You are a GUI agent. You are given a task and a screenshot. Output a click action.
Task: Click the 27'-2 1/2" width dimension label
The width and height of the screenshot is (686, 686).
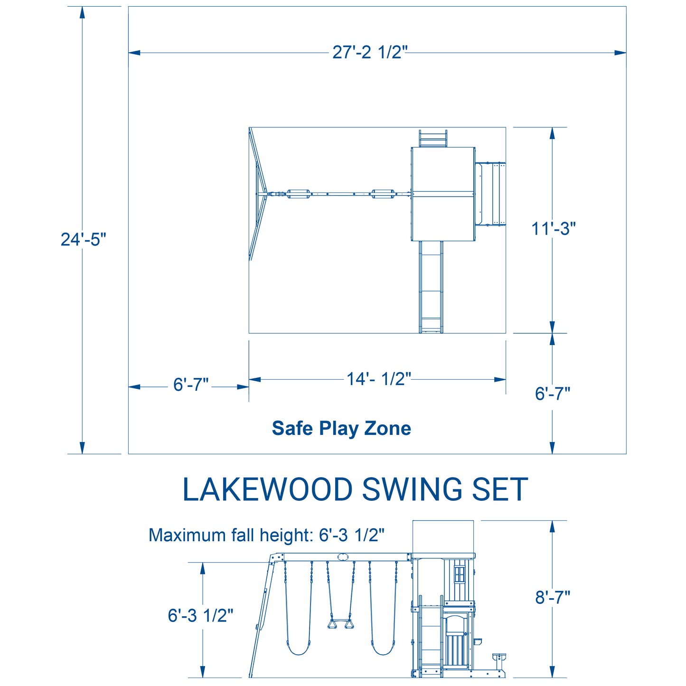[369, 52]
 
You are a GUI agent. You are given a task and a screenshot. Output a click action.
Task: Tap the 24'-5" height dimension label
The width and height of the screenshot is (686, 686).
[83, 239]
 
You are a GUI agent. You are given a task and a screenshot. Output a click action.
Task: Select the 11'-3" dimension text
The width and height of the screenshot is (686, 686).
[553, 228]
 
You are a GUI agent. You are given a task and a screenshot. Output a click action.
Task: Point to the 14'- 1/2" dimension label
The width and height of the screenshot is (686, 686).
[379, 379]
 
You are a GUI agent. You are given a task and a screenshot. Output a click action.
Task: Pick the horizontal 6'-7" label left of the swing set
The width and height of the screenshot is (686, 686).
[191, 385]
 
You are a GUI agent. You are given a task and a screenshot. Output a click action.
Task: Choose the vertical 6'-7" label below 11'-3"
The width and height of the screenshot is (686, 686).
[553, 394]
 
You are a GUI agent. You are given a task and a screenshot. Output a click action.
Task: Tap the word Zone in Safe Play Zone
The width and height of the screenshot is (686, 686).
[387, 428]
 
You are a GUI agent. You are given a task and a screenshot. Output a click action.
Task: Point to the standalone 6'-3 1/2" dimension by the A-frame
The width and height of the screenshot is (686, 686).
[200, 616]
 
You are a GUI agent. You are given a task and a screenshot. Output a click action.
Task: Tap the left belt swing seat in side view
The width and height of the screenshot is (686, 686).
[298, 651]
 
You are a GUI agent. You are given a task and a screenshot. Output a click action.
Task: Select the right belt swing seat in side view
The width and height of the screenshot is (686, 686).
[383, 651]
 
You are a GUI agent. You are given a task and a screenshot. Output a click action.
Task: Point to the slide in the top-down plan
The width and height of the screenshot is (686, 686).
[431, 287]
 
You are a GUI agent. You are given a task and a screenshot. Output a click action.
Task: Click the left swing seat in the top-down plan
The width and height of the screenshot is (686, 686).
[298, 194]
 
